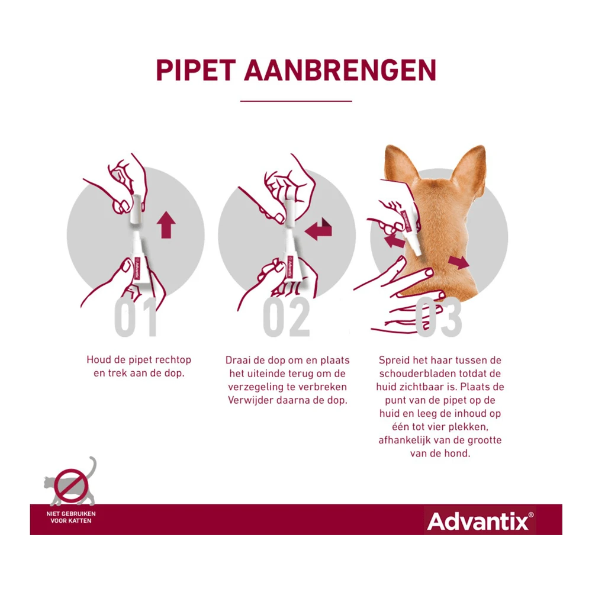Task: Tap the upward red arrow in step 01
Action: tap(167, 226)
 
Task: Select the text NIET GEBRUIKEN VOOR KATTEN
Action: tap(71, 517)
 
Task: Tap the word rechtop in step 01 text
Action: tap(170, 360)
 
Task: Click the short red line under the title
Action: tap(295, 101)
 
